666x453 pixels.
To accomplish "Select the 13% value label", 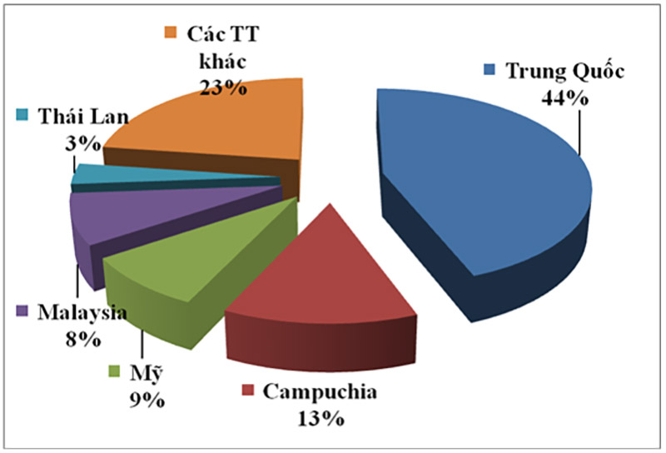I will click(321, 417).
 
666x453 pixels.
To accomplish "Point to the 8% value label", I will click(84, 339).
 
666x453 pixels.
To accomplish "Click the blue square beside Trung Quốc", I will click(493, 71).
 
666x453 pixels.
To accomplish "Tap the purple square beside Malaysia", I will click(22, 312).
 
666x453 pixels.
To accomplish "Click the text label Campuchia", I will click(321, 390).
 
